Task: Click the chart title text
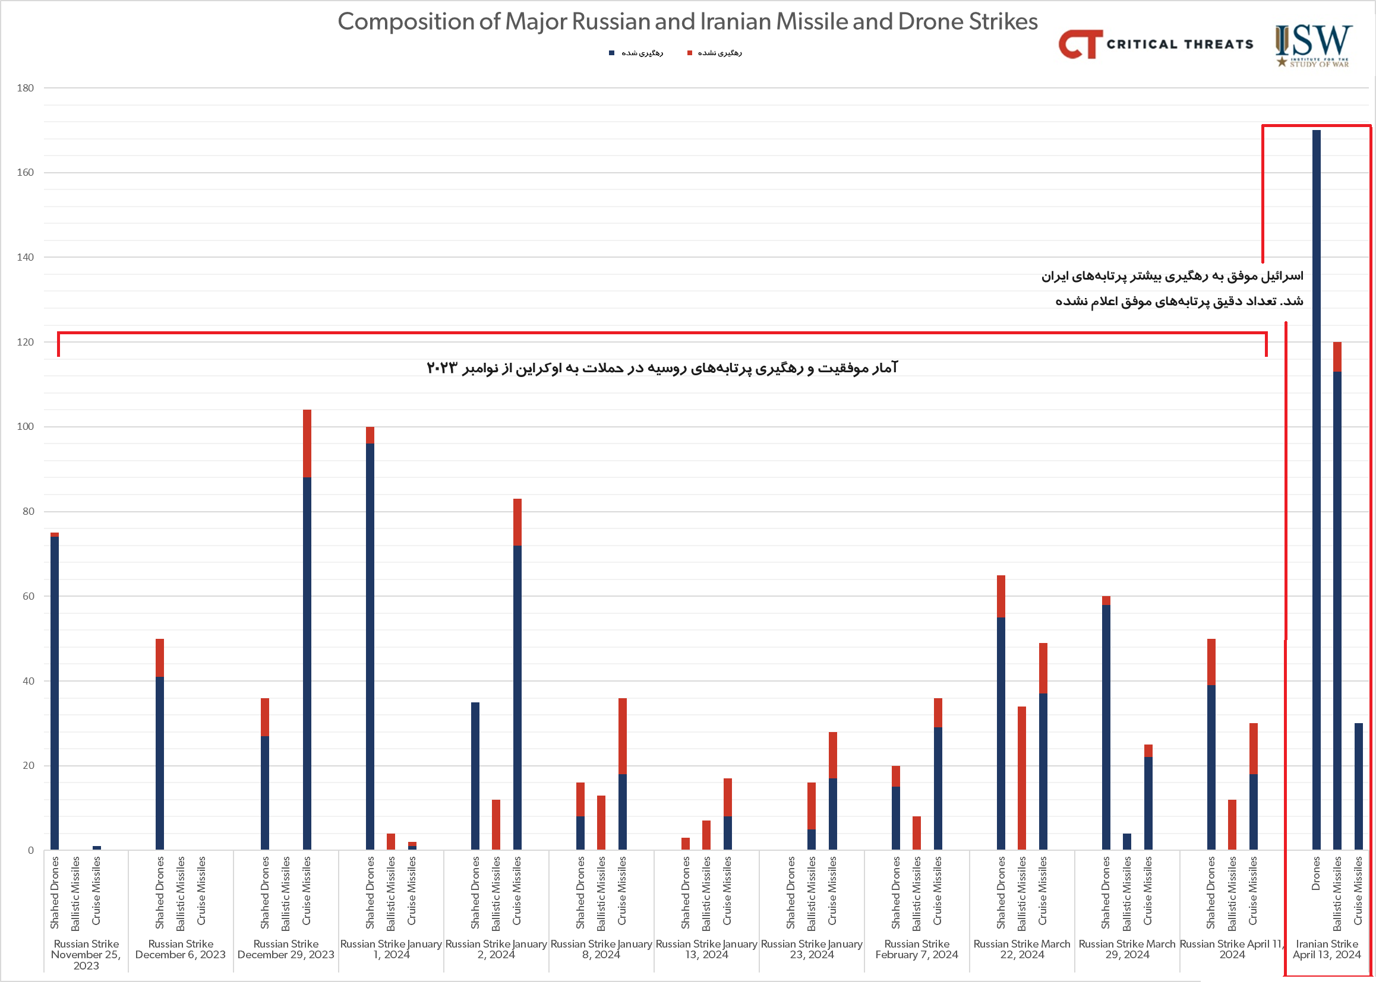click(687, 22)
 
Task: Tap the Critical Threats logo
click(1155, 44)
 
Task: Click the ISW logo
click(1313, 45)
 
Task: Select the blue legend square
click(611, 53)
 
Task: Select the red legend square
click(689, 53)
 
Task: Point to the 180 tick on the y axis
click(26, 88)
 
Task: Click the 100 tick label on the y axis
click(26, 427)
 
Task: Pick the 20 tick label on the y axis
click(28, 765)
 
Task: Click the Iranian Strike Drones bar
click(1316, 490)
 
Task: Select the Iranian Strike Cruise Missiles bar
click(1358, 786)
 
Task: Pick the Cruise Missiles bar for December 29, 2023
click(307, 629)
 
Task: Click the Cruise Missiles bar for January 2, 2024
click(517, 674)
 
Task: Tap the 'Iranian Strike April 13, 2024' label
click(1326, 949)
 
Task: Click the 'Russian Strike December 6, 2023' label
click(181, 949)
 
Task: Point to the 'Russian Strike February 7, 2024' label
click(916, 949)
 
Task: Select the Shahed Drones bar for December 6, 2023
click(160, 745)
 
